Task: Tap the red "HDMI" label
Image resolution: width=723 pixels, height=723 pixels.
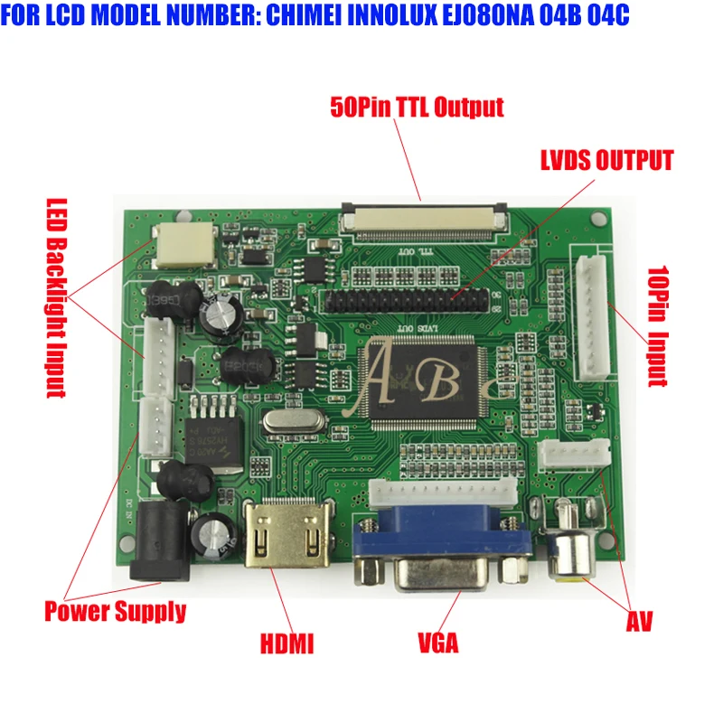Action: (x=286, y=644)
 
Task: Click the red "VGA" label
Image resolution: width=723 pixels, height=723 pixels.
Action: (x=437, y=643)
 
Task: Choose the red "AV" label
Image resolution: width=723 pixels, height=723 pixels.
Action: (x=639, y=621)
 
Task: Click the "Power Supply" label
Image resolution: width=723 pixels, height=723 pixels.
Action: (x=115, y=612)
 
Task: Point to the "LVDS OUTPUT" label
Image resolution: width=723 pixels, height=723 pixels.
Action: (x=606, y=162)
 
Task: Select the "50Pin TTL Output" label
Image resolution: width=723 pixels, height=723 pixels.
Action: (x=417, y=108)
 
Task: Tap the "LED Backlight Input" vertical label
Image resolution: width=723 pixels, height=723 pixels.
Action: (x=56, y=297)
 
